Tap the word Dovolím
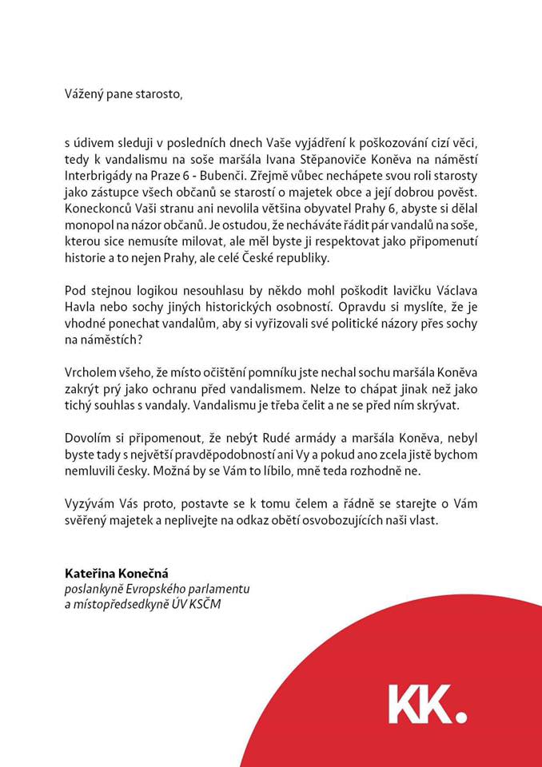[x=87, y=437]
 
